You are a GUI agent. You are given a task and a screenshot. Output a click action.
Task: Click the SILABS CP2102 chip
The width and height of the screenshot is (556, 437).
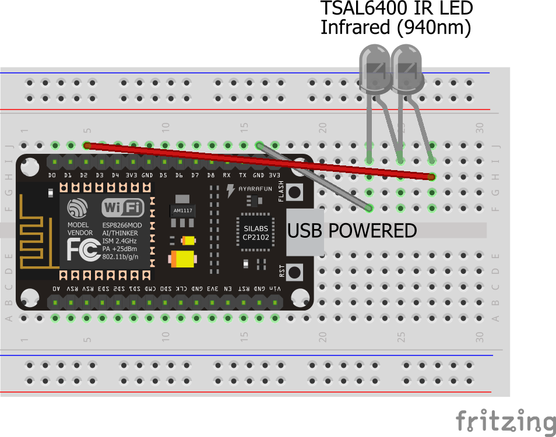click(256, 232)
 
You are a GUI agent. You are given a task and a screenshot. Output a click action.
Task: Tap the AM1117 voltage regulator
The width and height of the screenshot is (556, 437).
click(182, 210)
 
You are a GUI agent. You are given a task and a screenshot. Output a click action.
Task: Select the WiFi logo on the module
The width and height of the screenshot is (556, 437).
click(123, 207)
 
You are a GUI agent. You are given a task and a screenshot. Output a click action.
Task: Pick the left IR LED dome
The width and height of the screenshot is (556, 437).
click(373, 69)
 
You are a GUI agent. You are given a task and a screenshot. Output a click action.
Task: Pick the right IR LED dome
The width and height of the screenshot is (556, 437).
click(406, 69)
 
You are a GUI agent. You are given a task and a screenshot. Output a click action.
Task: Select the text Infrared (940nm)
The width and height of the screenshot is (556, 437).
click(395, 27)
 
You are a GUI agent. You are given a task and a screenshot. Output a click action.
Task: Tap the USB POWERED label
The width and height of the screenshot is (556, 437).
click(352, 231)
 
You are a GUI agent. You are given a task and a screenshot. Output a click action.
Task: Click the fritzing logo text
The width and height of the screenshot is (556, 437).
click(505, 421)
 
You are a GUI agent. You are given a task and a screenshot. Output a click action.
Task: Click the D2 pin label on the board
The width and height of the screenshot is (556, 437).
click(84, 175)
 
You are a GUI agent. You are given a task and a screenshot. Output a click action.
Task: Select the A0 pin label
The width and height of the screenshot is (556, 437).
click(56, 288)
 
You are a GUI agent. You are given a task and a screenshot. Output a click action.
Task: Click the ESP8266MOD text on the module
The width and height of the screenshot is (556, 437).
click(122, 225)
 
